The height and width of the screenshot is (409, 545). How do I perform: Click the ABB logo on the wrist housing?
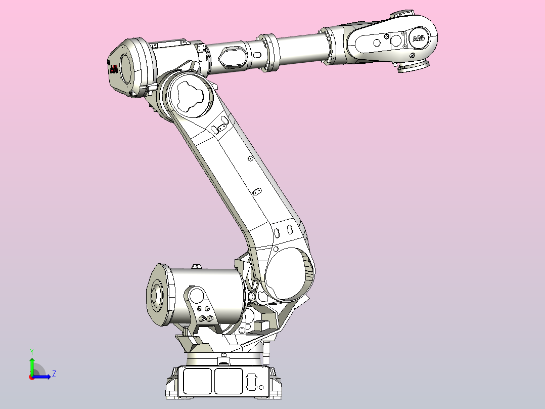click(x=419, y=38)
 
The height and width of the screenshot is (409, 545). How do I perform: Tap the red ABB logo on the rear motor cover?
click(x=114, y=69)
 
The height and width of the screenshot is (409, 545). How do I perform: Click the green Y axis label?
click(x=32, y=351)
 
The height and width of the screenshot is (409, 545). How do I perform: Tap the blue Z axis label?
click(x=54, y=374)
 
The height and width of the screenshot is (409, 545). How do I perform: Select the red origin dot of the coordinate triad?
click(x=32, y=377)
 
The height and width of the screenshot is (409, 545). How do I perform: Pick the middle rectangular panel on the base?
click(x=228, y=381)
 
